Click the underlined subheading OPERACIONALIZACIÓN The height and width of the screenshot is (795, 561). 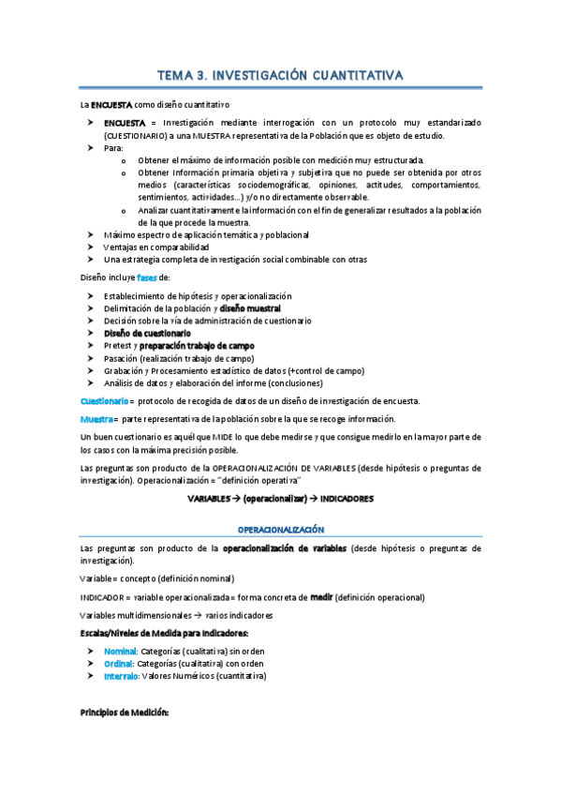280,530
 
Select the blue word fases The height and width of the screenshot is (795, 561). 148,278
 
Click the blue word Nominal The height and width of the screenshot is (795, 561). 121,651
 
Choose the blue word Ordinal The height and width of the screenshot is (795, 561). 120,663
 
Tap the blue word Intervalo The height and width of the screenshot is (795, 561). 123,675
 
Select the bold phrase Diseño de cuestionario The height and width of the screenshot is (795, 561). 147,333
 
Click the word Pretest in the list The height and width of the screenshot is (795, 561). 117,346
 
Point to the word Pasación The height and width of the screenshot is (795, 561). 121,358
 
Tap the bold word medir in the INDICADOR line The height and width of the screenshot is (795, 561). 321,597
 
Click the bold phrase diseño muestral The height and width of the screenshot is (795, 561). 250,308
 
